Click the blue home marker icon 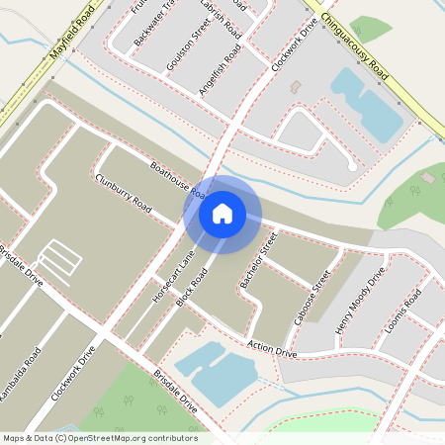coord(222,213)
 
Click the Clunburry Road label coord(124,193)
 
